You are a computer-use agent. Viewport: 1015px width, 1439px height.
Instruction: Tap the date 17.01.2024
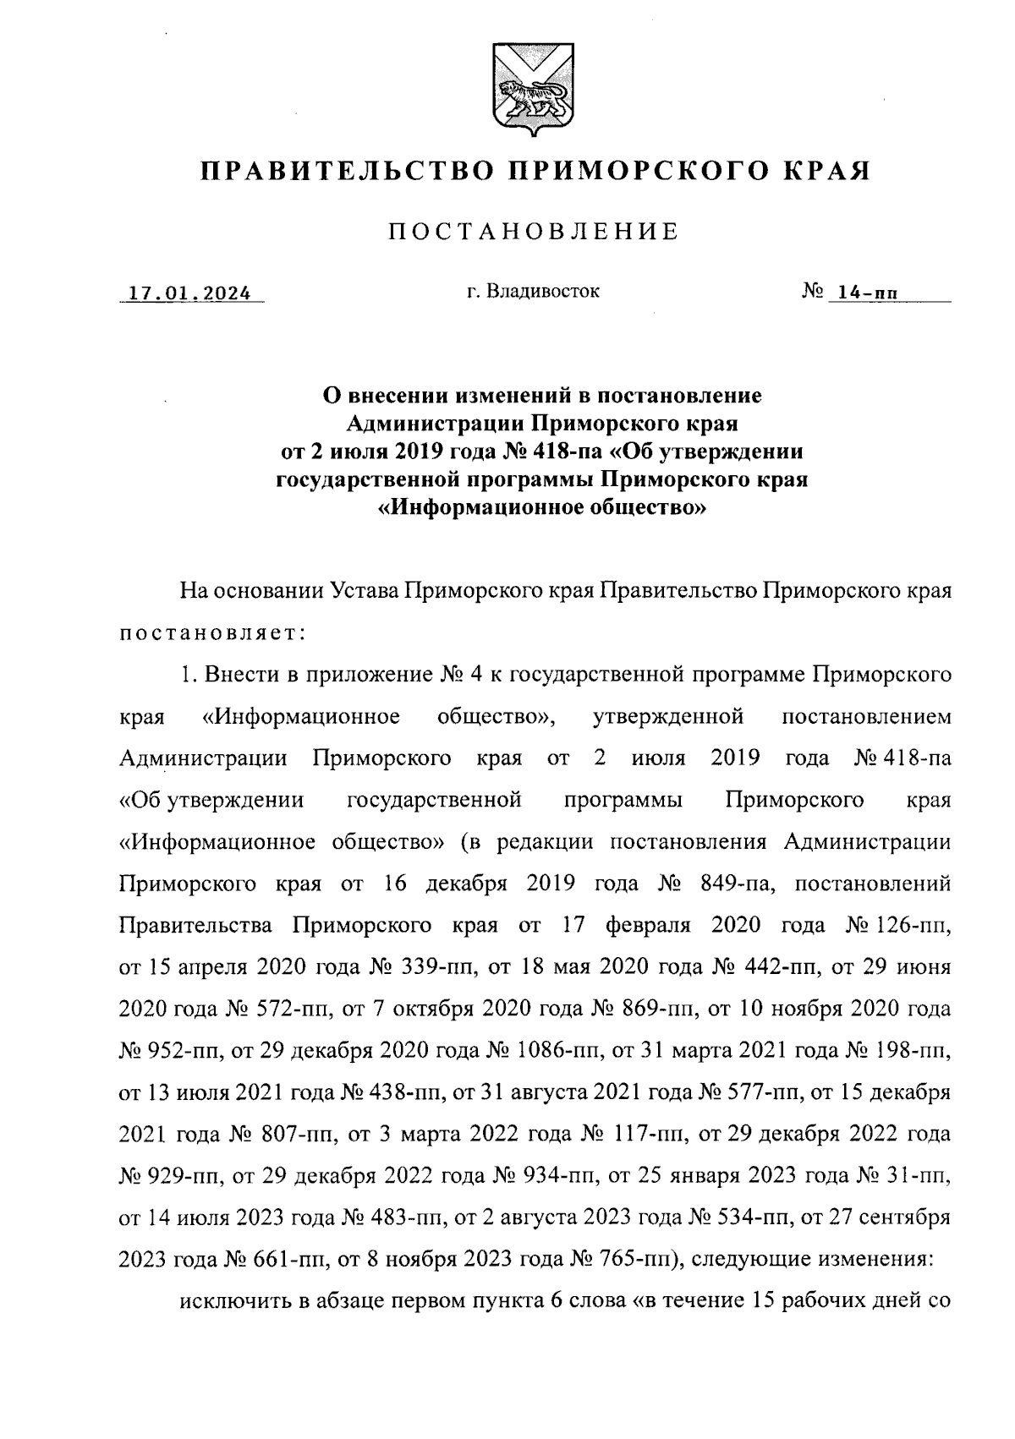tap(189, 294)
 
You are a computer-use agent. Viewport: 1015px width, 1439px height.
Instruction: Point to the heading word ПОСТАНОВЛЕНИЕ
tap(533, 232)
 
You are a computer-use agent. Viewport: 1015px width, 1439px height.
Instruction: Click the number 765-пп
tap(641, 1259)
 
